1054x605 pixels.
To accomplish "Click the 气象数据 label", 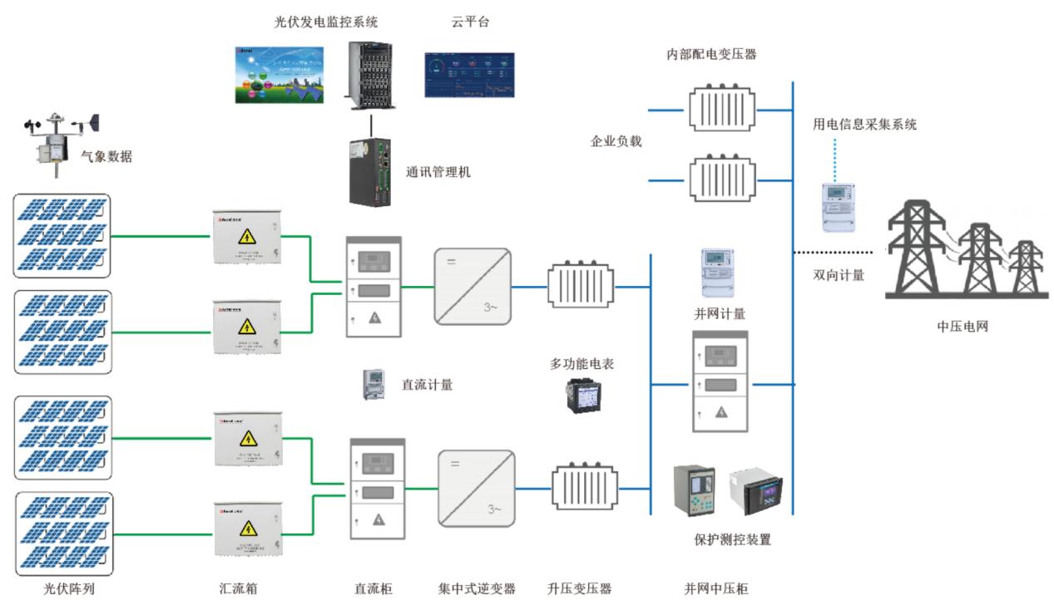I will tap(106, 156).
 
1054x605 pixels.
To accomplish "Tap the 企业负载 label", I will tap(616, 141).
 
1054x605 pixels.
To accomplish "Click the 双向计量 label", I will tap(838, 275).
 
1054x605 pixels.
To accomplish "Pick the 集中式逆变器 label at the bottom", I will tap(478, 589).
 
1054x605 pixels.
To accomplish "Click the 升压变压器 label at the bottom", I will tap(580, 589).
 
